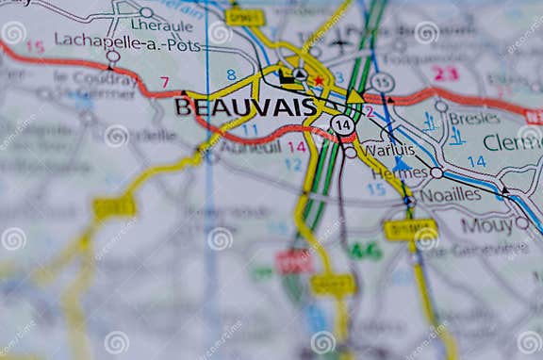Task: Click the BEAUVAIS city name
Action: click(x=245, y=106)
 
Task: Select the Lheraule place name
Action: click(x=156, y=25)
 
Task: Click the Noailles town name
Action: click(x=451, y=194)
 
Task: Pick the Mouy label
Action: click(x=486, y=225)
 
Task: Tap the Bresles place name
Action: click(x=473, y=119)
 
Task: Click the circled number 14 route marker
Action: click(x=343, y=124)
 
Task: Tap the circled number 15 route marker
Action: click(x=382, y=83)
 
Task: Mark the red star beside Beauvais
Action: click(x=319, y=81)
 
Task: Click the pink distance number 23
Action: click(x=445, y=73)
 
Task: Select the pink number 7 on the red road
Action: click(x=165, y=82)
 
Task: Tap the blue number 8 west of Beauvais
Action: click(x=231, y=74)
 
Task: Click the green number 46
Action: click(x=365, y=251)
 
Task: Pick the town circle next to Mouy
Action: click(x=521, y=223)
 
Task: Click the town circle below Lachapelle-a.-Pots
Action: click(x=113, y=57)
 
